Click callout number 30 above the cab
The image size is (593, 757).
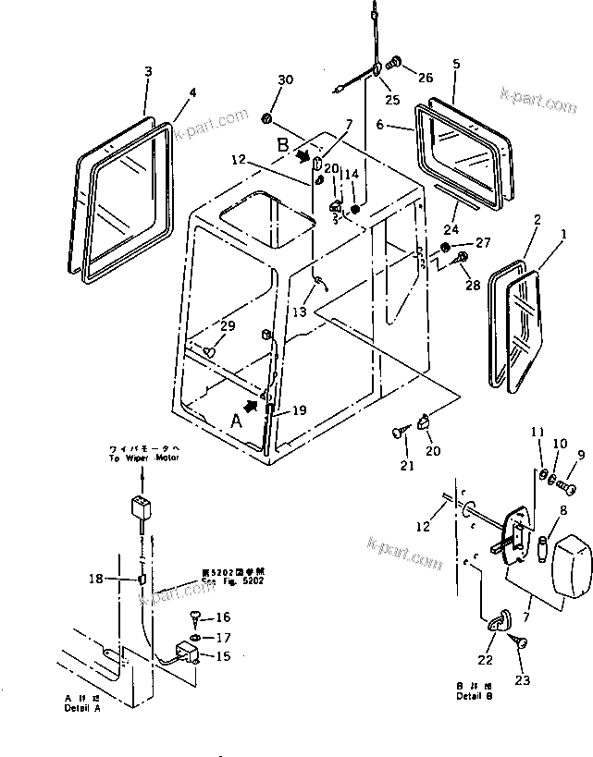pos(285,79)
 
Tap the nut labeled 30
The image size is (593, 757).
pos(267,118)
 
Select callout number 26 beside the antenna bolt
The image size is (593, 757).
pos(425,78)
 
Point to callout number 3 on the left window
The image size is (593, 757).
pos(147,71)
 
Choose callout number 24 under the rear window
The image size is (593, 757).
pos(452,230)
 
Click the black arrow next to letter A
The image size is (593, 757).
pos(252,405)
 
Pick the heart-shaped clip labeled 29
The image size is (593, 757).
pos(210,351)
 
